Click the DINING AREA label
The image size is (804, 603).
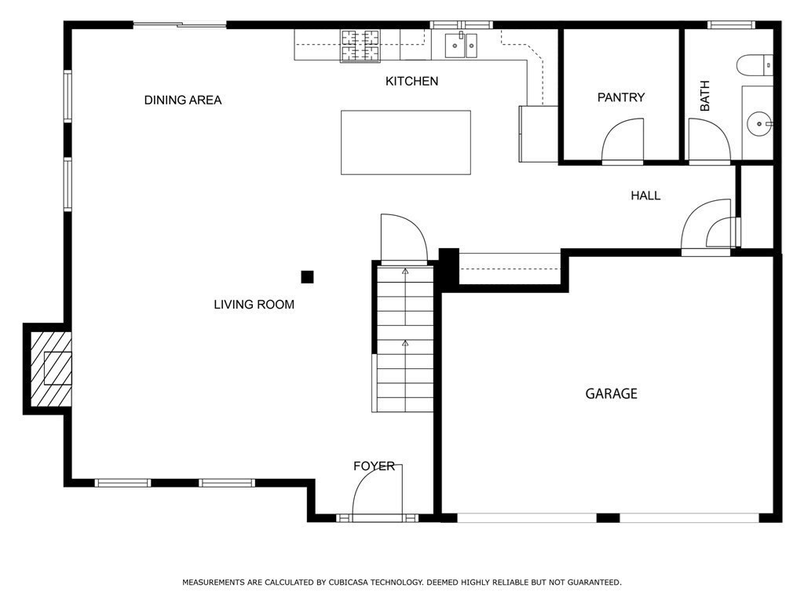(x=183, y=100)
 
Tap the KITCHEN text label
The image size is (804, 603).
(x=411, y=81)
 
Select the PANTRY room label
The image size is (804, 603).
(x=621, y=97)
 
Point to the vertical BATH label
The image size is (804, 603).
(x=704, y=96)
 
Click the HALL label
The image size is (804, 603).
(x=645, y=196)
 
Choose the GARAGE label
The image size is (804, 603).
(x=611, y=393)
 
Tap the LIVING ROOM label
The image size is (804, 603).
(x=254, y=304)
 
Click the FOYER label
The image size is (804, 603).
(x=374, y=466)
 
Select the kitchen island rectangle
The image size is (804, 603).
(x=405, y=142)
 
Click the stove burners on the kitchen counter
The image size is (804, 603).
(x=360, y=45)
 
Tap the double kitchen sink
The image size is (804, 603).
(x=461, y=46)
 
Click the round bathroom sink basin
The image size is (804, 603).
(x=758, y=122)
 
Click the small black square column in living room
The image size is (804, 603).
(x=308, y=276)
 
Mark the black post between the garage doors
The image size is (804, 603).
(x=608, y=517)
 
